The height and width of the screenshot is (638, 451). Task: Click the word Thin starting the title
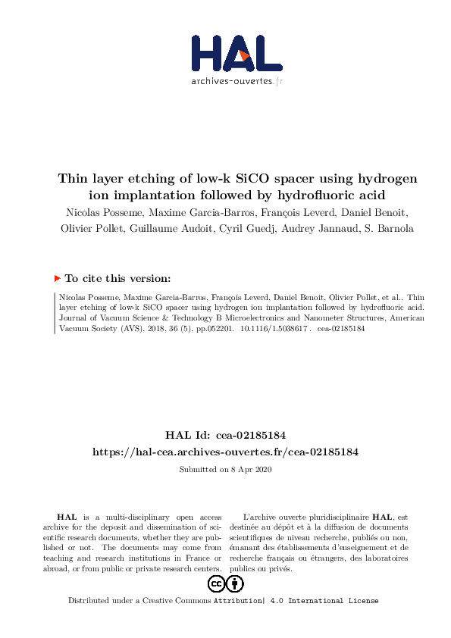tap(73, 179)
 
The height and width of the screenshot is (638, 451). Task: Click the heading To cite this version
tap(118, 278)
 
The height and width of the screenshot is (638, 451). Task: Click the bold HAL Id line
tap(225, 435)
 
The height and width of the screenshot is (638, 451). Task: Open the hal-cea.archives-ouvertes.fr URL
tap(225, 452)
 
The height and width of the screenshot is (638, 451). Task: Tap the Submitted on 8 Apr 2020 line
tap(225, 470)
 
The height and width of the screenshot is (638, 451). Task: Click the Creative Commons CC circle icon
tap(216, 583)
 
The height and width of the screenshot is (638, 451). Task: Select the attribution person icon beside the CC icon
tap(235, 583)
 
